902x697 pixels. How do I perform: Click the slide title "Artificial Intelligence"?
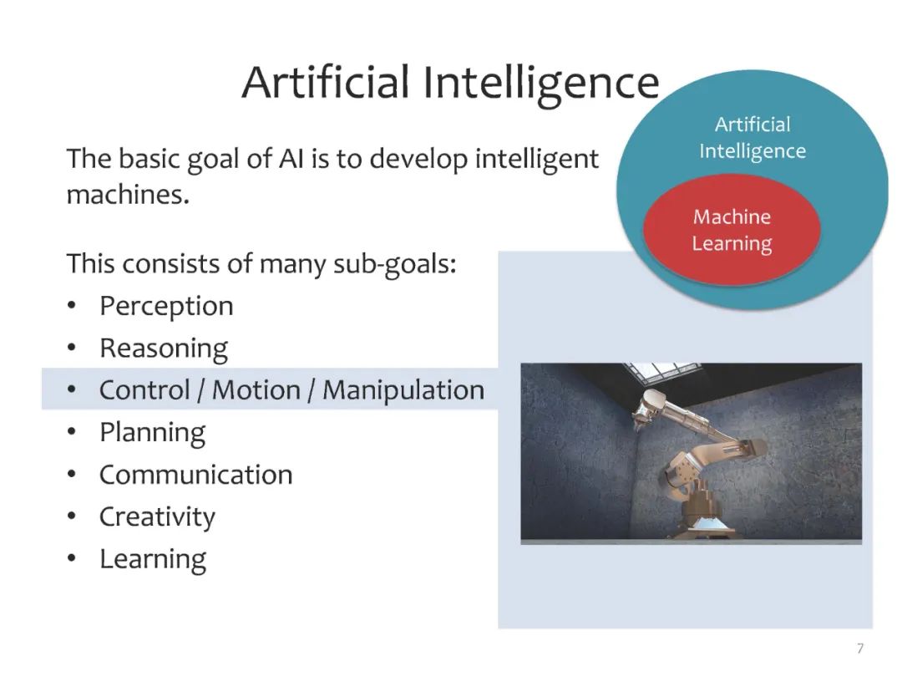(x=450, y=84)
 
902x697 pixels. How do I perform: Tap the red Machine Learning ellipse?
(x=732, y=230)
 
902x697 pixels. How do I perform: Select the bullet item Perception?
(x=166, y=306)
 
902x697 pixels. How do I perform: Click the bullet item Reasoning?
(x=164, y=348)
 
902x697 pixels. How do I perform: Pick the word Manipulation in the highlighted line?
(x=403, y=390)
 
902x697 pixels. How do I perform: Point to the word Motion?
(x=256, y=390)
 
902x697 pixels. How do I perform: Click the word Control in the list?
(x=144, y=390)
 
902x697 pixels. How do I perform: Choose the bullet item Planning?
(x=153, y=433)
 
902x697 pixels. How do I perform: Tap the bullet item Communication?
(x=196, y=475)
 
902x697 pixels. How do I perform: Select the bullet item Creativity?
(x=157, y=516)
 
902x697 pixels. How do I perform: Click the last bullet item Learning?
(x=153, y=559)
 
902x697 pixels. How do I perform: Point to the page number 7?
(x=860, y=649)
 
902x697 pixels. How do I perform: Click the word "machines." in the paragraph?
(x=128, y=195)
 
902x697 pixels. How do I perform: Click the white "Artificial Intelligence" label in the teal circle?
(x=753, y=138)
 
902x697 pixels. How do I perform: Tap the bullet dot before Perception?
(x=71, y=306)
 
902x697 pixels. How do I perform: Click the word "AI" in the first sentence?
(x=291, y=159)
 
